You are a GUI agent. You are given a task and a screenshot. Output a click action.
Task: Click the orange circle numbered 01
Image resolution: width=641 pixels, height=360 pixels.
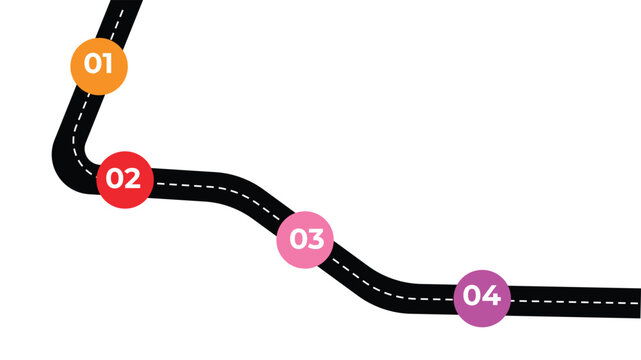coord(99,65)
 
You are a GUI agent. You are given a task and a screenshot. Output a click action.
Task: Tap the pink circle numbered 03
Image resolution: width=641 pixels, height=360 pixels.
coord(306,239)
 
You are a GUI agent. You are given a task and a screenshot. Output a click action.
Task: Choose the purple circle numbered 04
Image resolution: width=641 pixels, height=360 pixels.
coord(482,297)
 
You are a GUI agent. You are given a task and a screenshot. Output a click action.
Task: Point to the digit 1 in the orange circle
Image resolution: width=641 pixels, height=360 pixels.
coord(109,64)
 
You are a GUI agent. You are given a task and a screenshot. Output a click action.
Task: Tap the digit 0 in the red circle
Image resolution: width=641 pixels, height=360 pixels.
coord(115,179)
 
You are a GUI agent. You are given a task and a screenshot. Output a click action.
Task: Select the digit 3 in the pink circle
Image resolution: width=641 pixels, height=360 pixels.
coord(316,239)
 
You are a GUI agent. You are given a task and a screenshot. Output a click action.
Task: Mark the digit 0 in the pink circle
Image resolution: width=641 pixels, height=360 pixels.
coord(297,239)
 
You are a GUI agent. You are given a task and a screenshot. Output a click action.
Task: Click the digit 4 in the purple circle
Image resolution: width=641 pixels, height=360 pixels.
coord(492,297)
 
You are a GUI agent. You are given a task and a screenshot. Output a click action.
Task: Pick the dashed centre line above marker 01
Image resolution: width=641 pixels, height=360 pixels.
coord(113,20)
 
